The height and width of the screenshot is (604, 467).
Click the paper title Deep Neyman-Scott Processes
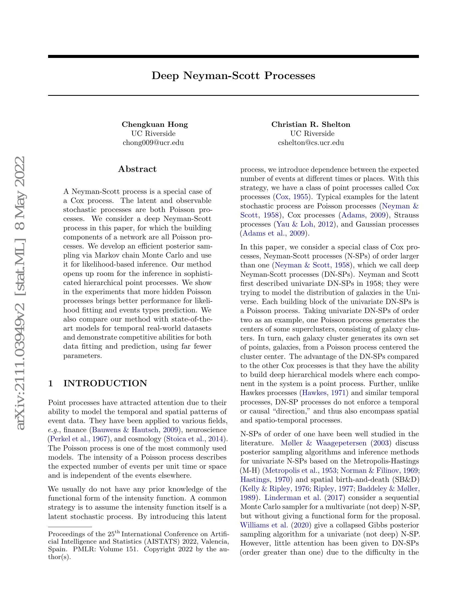tap(233, 75)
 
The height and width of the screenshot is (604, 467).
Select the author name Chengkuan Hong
tap(155, 124)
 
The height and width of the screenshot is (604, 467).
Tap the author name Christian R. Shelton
tap(311, 124)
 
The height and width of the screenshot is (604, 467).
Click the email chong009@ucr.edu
tap(153, 143)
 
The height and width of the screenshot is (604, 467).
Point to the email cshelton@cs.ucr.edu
tap(311, 143)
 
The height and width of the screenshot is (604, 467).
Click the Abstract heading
tap(137, 169)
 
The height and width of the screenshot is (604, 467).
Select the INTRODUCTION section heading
tap(105, 383)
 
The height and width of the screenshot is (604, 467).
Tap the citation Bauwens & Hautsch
tap(125, 430)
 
